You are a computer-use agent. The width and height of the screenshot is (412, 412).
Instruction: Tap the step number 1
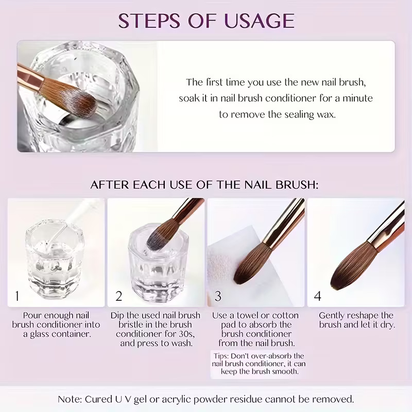[18, 296]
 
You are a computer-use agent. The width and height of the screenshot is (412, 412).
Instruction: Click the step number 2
[119, 296]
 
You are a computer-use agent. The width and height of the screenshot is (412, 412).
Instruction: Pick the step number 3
[218, 296]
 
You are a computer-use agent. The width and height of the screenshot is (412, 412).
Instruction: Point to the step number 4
[318, 296]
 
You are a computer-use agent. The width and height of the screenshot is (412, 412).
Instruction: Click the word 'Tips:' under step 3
[221, 356]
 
